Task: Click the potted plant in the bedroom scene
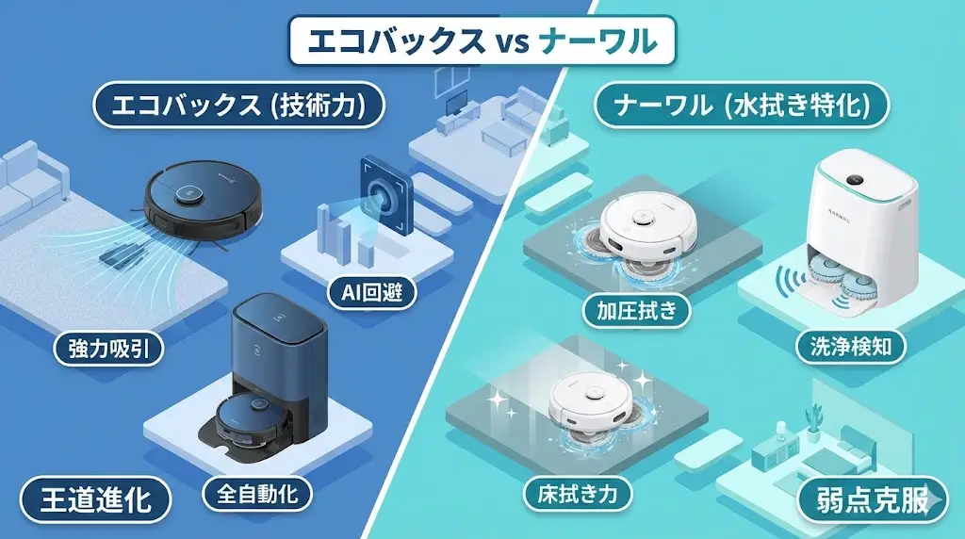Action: click(x=811, y=417)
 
